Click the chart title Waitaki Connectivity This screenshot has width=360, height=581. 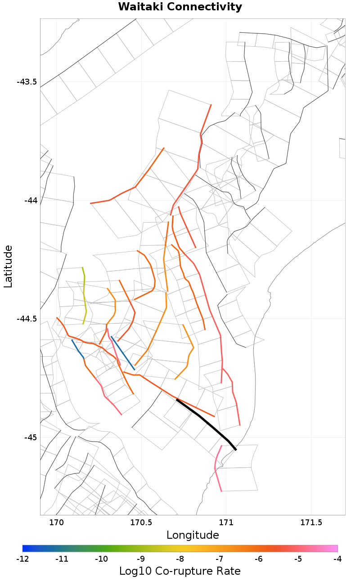click(x=180, y=7)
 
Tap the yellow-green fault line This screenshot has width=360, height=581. click(x=84, y=295)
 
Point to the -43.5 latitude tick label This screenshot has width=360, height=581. click(x=27, y=82)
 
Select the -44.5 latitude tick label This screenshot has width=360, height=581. click(x=27, y=319)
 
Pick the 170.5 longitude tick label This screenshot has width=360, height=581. click(x=141, y=523)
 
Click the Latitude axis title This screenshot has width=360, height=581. click(x=8, y=266)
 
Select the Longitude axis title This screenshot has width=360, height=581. click(x=193, y=535)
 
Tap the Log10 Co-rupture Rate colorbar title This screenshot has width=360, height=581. click(x=180, y=571)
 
